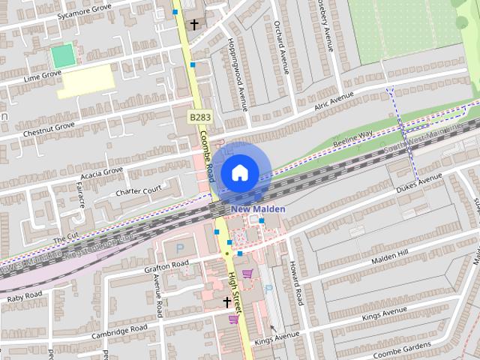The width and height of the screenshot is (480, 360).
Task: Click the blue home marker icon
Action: [x=239, y=172]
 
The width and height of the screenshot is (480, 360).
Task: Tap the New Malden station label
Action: [x=258, y=208]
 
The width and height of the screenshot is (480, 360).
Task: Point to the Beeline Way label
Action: [x=354, y=138]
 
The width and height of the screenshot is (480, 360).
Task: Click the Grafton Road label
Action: [x=167, y=265]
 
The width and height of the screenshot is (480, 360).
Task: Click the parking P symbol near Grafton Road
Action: [x=178, y=247]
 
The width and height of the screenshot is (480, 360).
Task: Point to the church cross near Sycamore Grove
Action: [x=194, y=25]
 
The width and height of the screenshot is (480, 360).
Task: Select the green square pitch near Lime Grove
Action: [x=63, y=55]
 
